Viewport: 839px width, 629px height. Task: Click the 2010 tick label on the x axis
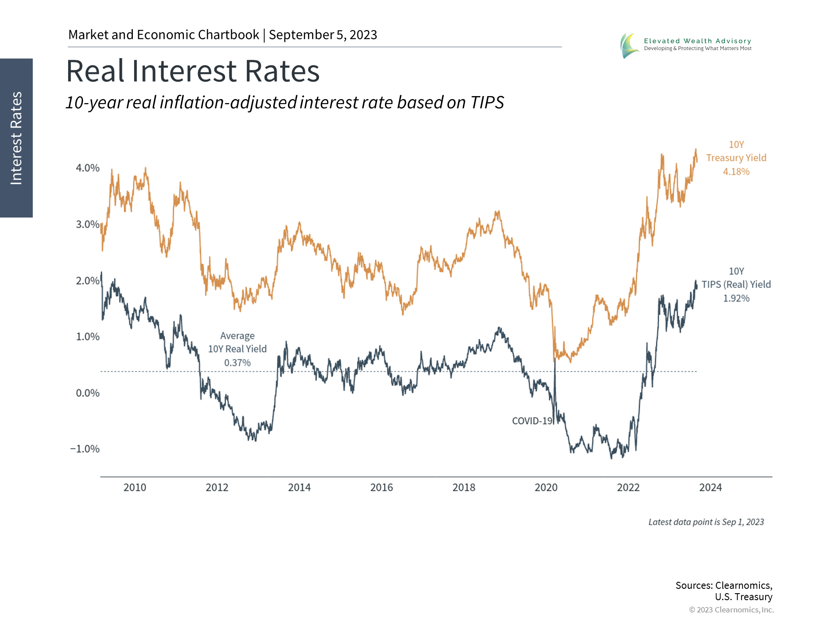pyautogui.click(x=135, y=487)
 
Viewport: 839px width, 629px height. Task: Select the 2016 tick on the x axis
pyautogui.click(x=381, y=487)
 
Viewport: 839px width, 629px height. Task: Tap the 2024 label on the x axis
pyautogui.click(x=711, y=487)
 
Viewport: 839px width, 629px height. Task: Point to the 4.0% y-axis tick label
pyautogui.click(x=87, y=168)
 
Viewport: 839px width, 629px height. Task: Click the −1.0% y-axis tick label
pyautogui.click(x=85, y=449)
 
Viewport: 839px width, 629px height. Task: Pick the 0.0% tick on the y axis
pyautogui.click(x=87, y=393)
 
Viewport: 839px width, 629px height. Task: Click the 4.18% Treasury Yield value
pyautogui.click(x=736, y=172)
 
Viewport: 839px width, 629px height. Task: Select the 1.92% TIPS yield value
pyautogui.click(x=736, y=298)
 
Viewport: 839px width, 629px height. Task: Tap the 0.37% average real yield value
pyautogui.click(x=237, y=363)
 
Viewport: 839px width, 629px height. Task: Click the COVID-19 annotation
pyautogui.click(x=532, y=421)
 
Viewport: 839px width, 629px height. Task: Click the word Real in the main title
pyautogui.click(x=97, y=71)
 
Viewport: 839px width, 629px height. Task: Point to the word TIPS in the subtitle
pyautogui.click(x=487, y=103)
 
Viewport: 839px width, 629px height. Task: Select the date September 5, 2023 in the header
pyautogui.click(x=323, y=35)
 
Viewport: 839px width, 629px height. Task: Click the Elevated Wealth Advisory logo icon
pyautogui.click(x=629, y=45)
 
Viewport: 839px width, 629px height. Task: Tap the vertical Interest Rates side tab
pyautogui.click(x=16, y=138)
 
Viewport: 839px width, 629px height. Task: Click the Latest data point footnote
pyautogui.click(x=706, y=522)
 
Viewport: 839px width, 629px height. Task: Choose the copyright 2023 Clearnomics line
pyautogui.click(x=731, y=610)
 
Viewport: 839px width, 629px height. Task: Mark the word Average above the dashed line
pyautogui.click(x=237, y=336)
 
